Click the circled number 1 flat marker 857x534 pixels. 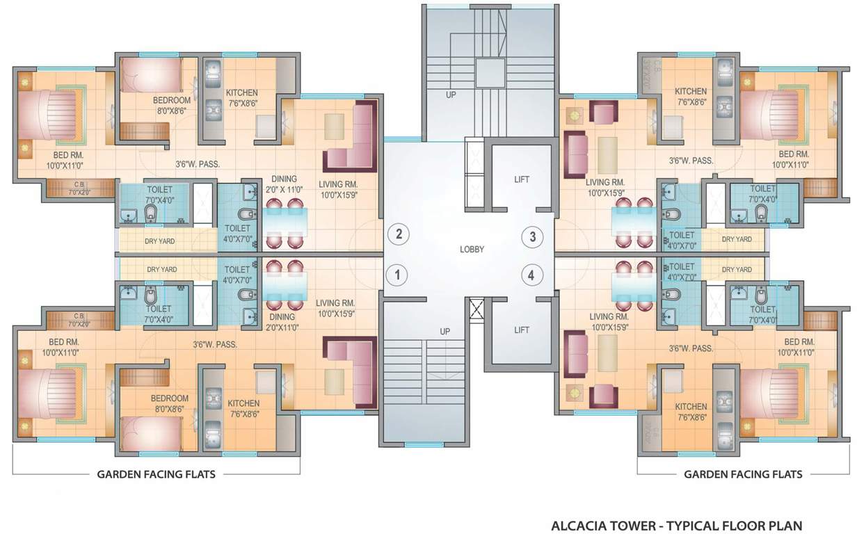coord(397,275)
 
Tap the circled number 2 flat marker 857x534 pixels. coord(398,234)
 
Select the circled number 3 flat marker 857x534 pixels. coord(532,236)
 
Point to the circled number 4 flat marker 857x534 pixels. coord(532,275)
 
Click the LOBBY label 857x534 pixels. coord(472,249)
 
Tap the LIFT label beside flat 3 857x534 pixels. coord(522,179)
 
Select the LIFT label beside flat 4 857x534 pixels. coord(522,330)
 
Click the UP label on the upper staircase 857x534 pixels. coord(451,95)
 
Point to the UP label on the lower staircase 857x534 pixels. coord(445,332)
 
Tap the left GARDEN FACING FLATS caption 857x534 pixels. coord(156,474)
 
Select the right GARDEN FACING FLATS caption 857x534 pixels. coord(743,474)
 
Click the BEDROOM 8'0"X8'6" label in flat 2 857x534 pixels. coord(170,105)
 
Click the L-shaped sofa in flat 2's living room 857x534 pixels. coord(351,136)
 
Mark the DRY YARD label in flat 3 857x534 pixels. coord(737,239)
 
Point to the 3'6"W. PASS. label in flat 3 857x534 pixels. coord(691,161)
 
